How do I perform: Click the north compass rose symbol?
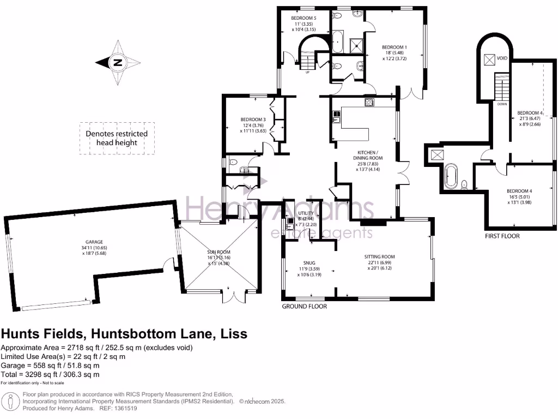117,62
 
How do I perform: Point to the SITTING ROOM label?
379,256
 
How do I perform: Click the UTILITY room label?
305,205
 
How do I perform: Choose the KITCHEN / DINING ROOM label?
367,154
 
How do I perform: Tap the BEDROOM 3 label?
253,119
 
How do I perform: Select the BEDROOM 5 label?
303,17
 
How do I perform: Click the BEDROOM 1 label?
395,47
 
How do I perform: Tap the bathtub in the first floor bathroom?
450,177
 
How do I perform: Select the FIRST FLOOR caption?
502,236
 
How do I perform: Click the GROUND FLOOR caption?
304,307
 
